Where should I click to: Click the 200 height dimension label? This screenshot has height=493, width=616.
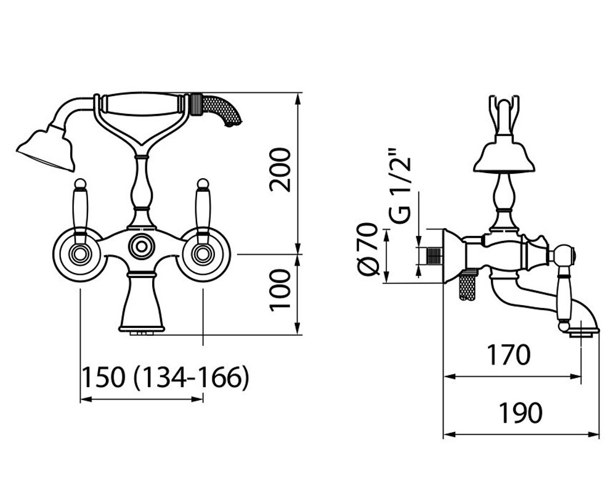[280, 170]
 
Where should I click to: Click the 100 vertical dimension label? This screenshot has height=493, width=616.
[280, 290]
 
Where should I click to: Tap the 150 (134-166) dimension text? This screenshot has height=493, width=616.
[165, 377]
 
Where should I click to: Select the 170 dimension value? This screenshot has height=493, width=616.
[508, 354]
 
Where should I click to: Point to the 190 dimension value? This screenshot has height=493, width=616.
[521, 413]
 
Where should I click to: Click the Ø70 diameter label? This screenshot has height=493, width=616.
[368, 249]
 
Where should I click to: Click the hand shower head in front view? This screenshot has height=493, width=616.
[46, 149]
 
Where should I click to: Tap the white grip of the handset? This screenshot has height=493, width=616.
[143, 104]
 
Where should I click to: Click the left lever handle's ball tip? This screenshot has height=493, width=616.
[80, 183]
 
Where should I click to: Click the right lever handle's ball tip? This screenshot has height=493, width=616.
[203, 183]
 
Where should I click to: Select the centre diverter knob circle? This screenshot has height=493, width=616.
[140, 247]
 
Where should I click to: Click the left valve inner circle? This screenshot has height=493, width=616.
[80, 253]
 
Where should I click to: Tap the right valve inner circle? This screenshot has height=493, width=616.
[203, 253]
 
